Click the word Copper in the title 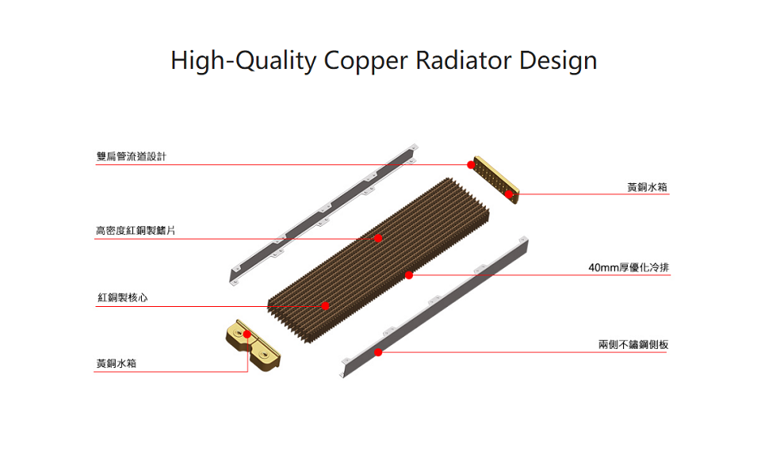pos(361,60)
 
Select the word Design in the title pos(558,60)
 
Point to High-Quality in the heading pos(243,60)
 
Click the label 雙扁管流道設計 pos(131,157)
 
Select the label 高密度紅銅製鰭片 pos(135,231)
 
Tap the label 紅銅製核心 pos(123,297)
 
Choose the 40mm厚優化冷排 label pos(629,268)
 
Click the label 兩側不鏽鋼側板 pos(633,344)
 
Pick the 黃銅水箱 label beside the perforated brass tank pos(647,187)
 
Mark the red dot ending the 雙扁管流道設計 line pos(471,165)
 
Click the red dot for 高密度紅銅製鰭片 pos(378,238)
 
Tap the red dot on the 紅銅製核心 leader pos(325,305)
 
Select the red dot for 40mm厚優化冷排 pos(409,275)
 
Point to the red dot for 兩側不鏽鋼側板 pos(378,351)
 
